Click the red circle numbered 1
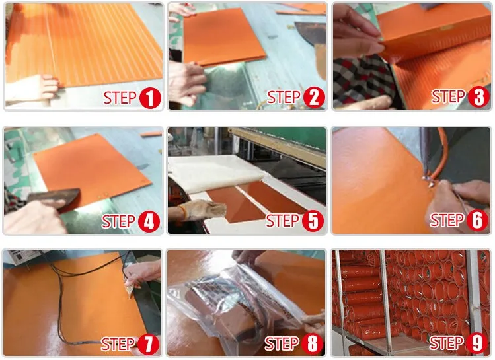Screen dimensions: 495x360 click(150, 98)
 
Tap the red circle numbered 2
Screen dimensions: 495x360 click(314, 98)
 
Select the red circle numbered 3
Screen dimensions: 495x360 click(478, 97)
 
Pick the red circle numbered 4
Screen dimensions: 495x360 click(149, 221)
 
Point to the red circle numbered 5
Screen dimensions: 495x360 click(313, 221)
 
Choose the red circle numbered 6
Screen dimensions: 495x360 click(477, 220)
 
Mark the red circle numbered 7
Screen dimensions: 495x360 click(148, 344)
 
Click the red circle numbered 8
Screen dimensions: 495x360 click(312, 343)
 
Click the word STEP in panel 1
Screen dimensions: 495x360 click(120, 98)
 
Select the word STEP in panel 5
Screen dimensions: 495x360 click(283, 221)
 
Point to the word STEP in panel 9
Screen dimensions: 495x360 click(446, 343)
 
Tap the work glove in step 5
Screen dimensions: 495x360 click(202, 209)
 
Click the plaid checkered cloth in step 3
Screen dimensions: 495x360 click(363, 81)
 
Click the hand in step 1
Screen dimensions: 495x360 click(35, 89)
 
